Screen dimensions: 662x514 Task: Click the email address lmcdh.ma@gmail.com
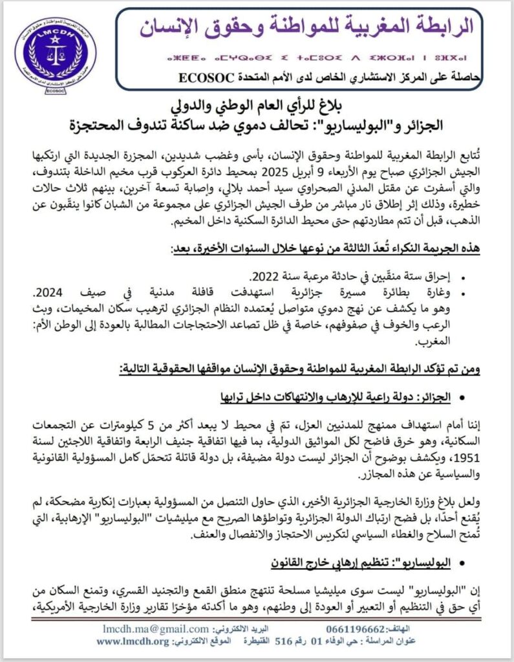pyautogui.click(x=155, y=628)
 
